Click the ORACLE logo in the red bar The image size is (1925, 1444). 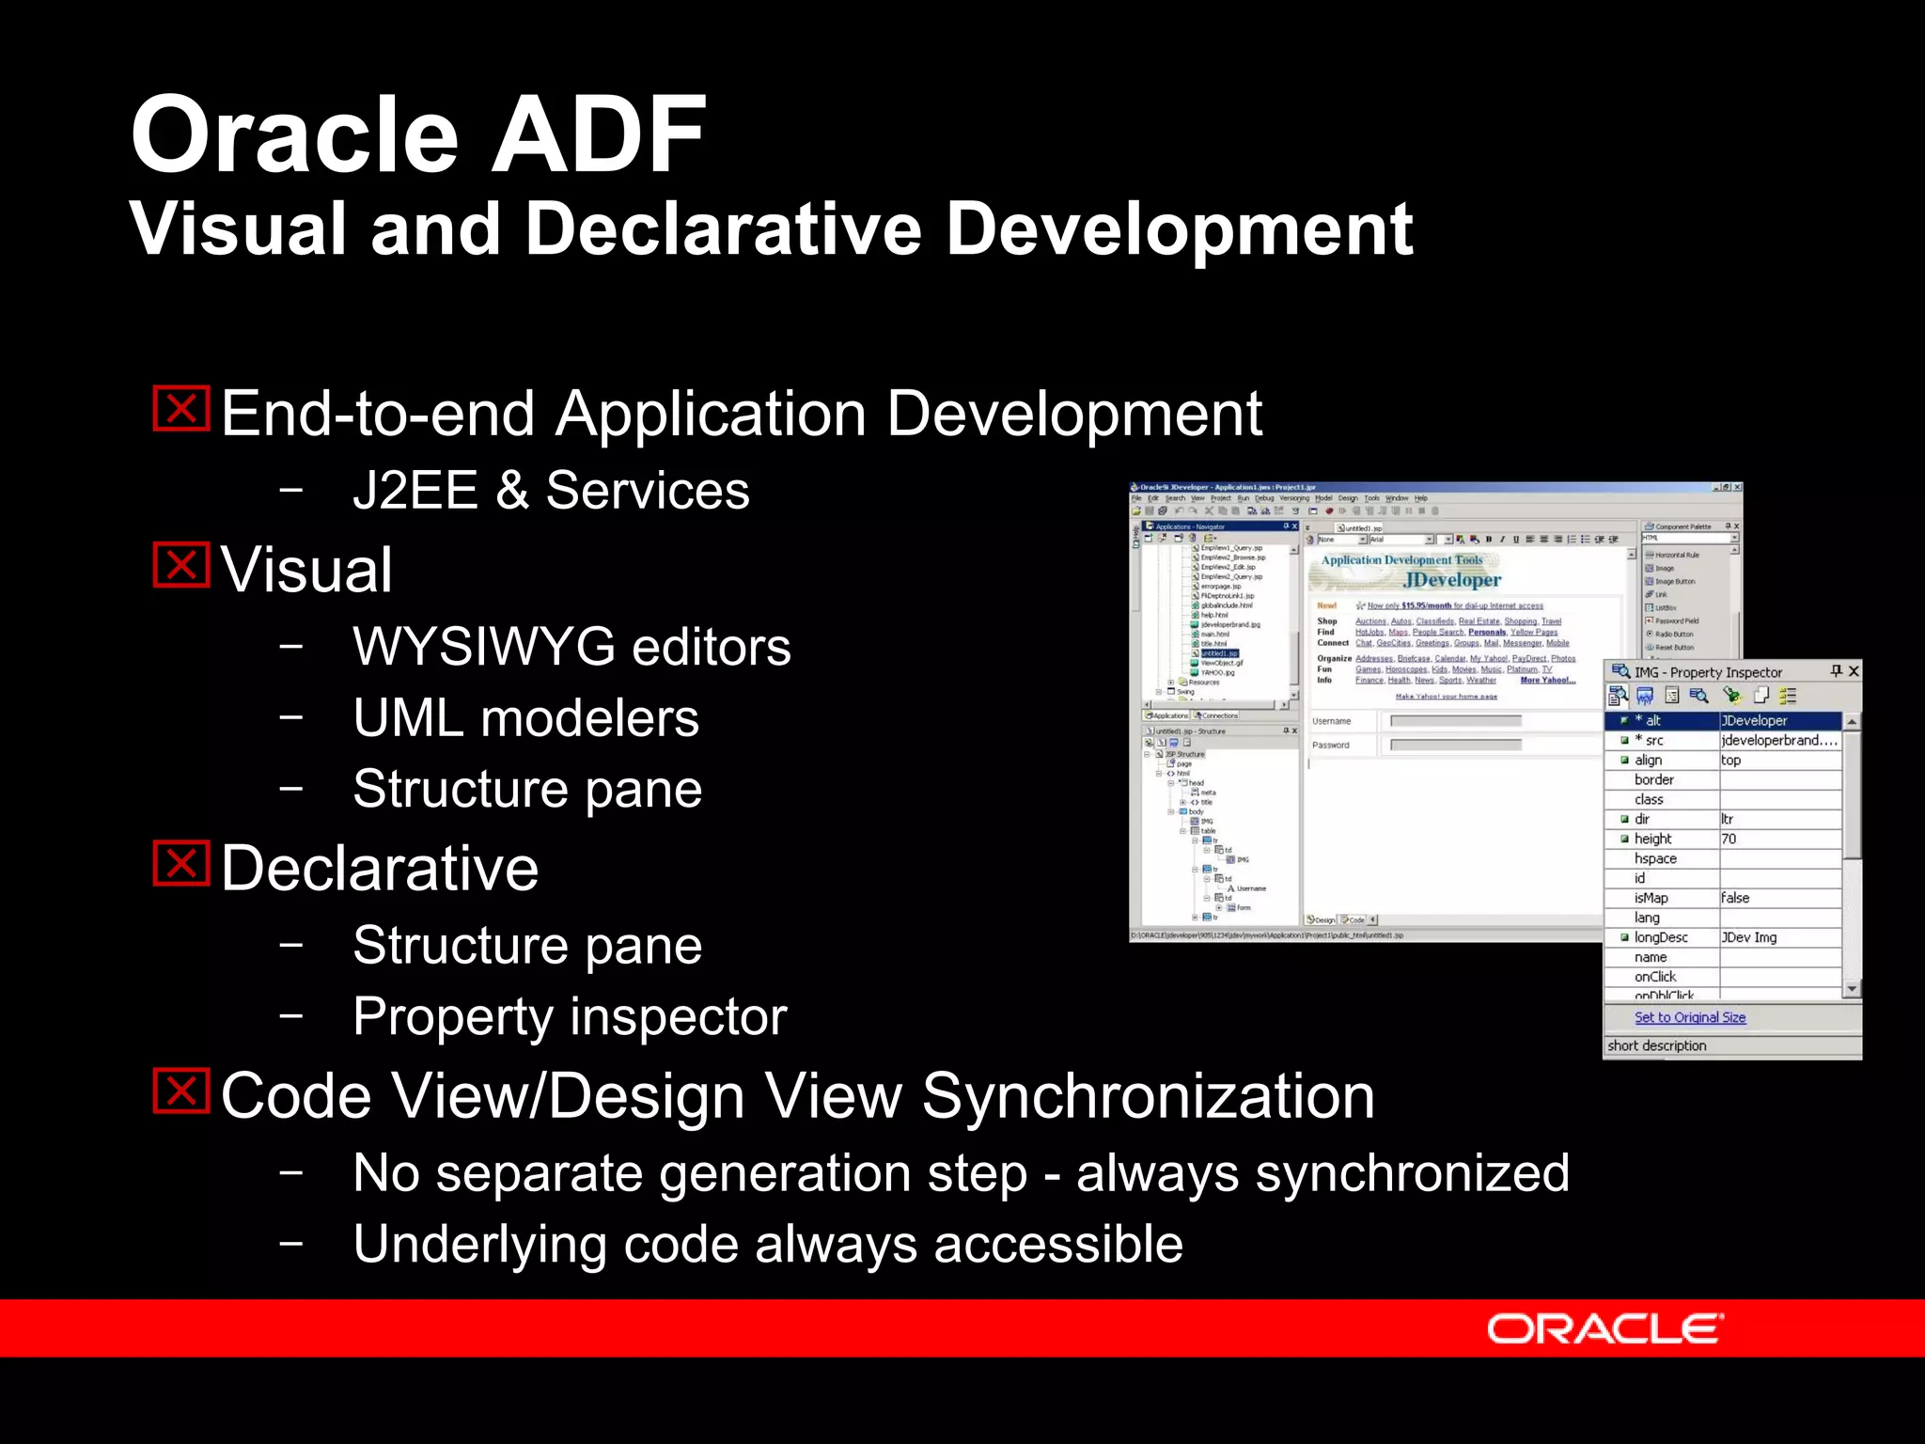coord(1604,1328)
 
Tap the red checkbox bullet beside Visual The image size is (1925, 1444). coord(180,565)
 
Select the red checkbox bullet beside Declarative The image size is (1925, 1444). coord(180,863)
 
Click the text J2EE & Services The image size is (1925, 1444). coord(551,491)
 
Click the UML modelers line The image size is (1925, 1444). coord(525,718)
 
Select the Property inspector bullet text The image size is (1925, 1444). coord(570,1016)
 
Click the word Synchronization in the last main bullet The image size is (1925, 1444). coord(1148,1096)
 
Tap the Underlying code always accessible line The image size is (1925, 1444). coord(768,1244)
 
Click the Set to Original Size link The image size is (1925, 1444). coord(1689,1017)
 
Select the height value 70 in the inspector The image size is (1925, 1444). coord(1729,839)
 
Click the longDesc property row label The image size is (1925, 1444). coord(1661,937)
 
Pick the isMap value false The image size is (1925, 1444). coord(1735,898)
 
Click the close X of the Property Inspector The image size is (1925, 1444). coord(1853,671)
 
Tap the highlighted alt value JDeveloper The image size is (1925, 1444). coord(1754,720)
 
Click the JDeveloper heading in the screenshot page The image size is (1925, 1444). coord(1452,579)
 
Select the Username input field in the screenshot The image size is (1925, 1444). coord(1455,721)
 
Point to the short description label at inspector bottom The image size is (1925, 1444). coord(1656,1045)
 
